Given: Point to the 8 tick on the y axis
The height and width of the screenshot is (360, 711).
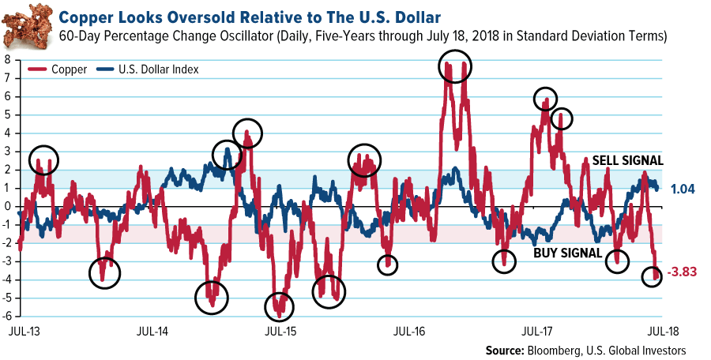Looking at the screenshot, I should [x=6, y=60].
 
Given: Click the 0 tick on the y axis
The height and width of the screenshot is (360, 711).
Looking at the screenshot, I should [x=6, y=206].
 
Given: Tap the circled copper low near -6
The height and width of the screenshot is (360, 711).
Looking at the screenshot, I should [x=279, y=306].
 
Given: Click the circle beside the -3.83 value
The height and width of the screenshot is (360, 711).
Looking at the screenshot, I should [x=652, y=276].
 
